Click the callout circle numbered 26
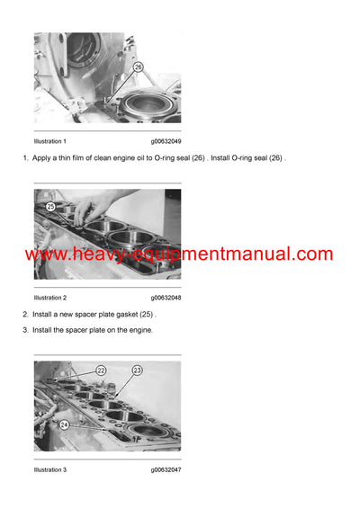pyautogui.click(x=138, y=67)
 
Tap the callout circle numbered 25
pyautogui.click(x=51, y=206)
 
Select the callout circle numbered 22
pyautogui.click(x=101, y=370)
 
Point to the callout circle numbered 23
pyautogui.click(x=138, y=370)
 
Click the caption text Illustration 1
pyautogui.click(x=50, y=141)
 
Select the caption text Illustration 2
pyautogui.click(x=50, y=297)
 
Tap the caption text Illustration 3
pyautogui.click(x=50, y=469)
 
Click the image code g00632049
pyautogui.click(x=166, y=141)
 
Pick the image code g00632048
pyautogui.click(x=166, y=297)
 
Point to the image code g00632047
pyautogui.click(x=166, y=469)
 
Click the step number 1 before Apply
pyautogui.click(x=24, y=158)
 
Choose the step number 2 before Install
pyautogui.click(x=24, y=314)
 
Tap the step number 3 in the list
pyautogui.click(x=24, y=330)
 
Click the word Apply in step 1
pyautogui.click(x=42, y=158)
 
